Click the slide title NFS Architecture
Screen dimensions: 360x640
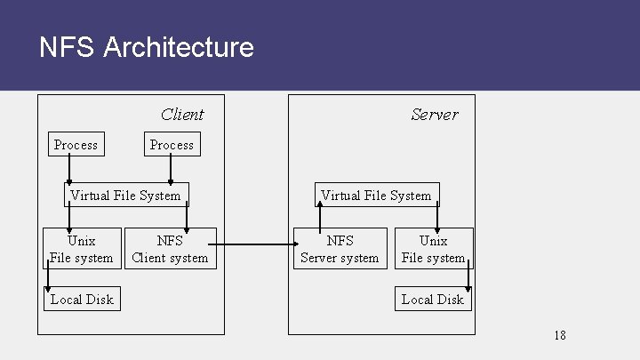point(147,47)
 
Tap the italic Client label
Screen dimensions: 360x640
point(182,115)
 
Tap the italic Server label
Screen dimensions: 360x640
point(435,115)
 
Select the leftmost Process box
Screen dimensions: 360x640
point(76,145)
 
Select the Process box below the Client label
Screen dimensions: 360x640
point(172,145)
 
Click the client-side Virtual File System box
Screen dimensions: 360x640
point(125,196)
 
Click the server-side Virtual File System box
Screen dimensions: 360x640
point(376,196)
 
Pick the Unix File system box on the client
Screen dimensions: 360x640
point(82,249)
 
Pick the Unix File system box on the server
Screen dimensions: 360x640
point(433,249)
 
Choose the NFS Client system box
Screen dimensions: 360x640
point(170,249)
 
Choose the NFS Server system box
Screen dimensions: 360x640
point(340,249)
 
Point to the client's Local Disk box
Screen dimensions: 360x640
point(82,300)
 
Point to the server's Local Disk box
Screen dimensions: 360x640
point(433,300)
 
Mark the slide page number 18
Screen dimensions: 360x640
point(559,335)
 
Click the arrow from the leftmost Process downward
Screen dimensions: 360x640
point(69,170)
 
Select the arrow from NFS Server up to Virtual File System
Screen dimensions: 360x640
point(320,216)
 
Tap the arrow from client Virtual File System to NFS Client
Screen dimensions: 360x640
point(187,217)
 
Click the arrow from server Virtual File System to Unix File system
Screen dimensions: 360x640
point(437,217)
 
